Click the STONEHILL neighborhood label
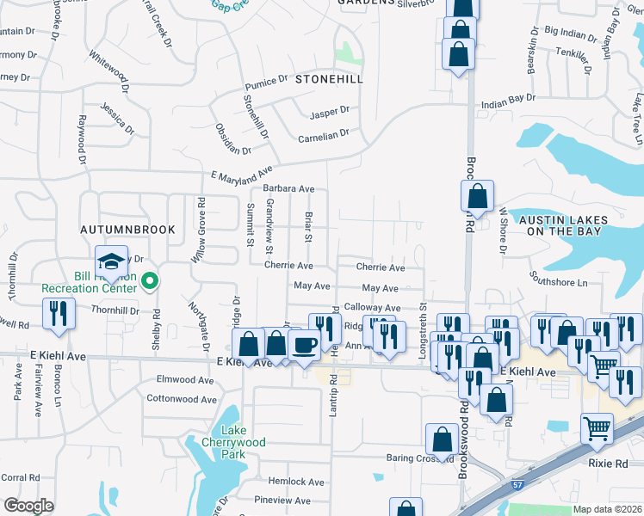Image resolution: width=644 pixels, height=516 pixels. pos(329,78)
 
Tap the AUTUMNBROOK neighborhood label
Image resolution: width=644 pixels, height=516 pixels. pos(127,230)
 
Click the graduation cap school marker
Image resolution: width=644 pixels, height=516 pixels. pos(109,261)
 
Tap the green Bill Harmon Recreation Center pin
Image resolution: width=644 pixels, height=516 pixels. pos(150,280)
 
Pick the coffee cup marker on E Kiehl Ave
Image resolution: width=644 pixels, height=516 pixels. pos(303,346)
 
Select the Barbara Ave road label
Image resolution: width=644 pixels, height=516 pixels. pos(288,188)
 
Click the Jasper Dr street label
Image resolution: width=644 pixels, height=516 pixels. pos(330,111)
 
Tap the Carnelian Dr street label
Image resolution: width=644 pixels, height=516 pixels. pos(324,135)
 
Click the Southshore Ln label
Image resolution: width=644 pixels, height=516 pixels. pos(558,282)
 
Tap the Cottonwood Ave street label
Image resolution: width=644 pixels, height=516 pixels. pos(182,399)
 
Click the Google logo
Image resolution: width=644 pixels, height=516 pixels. pos(28,506)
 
